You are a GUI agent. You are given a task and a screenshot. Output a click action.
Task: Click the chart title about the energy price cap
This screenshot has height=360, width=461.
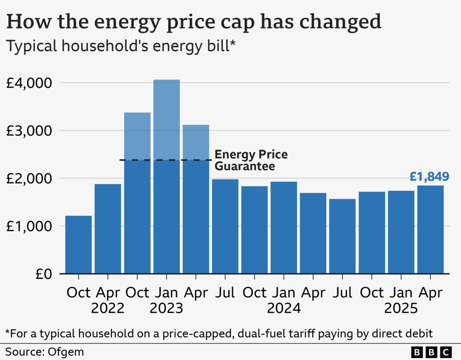point(193,22)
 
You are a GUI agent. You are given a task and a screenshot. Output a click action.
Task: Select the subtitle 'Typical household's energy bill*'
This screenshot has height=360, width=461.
point(120,47)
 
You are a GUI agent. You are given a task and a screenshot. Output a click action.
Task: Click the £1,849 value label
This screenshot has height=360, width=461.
point(429,177)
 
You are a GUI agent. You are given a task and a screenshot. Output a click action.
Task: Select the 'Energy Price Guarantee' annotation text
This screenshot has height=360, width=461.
point(251,161)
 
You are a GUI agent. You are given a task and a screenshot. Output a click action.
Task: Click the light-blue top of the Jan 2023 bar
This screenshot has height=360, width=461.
point(166,118)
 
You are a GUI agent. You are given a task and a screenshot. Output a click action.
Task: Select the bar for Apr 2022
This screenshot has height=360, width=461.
point(108,229)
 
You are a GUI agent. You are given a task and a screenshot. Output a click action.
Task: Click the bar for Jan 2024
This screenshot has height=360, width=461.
point(283,227)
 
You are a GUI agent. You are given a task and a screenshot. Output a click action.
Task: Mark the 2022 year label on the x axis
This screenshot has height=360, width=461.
point(108,309)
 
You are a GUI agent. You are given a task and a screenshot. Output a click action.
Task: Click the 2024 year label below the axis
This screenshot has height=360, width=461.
point(283,309)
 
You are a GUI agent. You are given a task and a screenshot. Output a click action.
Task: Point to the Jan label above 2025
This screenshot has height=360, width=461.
point(401,292)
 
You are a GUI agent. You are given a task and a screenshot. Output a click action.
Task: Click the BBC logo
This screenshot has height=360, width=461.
point(431,352)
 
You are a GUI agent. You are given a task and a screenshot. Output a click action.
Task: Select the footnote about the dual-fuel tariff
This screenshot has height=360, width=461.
point(218,333)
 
